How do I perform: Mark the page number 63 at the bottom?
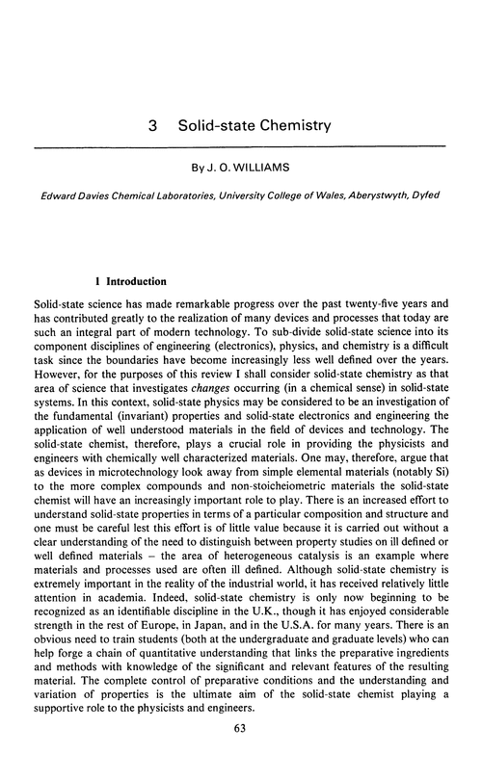(241, 754)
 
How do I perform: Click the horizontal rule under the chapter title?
(241, 145)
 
